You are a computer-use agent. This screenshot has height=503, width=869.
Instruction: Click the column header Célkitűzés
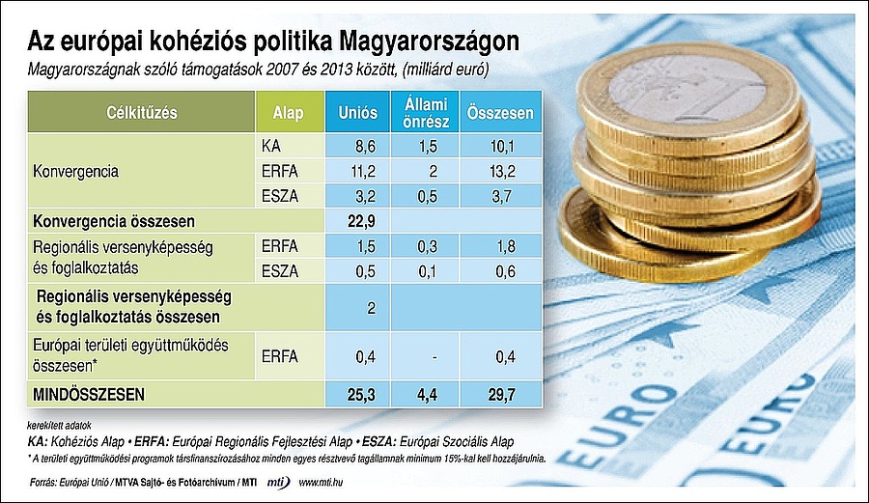coord(142,113)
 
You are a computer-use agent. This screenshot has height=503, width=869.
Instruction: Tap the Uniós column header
coord(357,113)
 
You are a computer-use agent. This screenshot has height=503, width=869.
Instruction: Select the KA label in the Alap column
coord(271,147)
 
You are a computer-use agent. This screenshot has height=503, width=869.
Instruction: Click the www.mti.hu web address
coord(326,481)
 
